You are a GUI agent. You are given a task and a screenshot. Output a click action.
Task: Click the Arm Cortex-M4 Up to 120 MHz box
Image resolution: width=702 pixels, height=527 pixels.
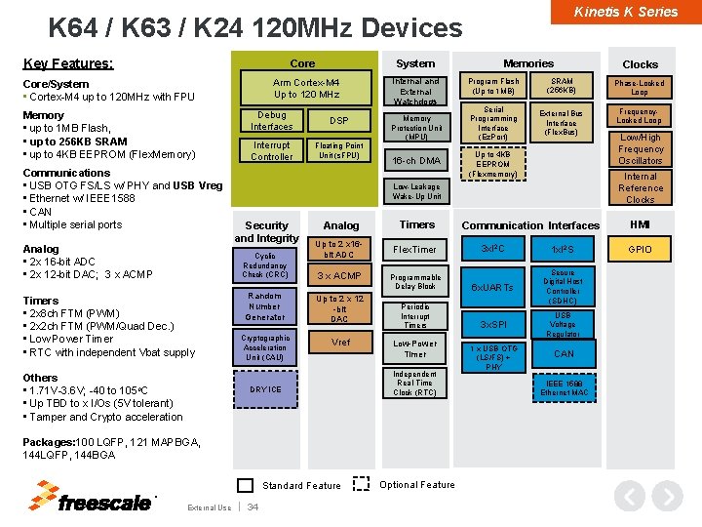point(306,88)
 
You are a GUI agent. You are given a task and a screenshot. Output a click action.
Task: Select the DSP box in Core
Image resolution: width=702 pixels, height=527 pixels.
point(338,120)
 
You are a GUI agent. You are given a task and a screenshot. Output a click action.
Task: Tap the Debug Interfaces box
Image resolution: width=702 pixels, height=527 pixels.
point(271,120)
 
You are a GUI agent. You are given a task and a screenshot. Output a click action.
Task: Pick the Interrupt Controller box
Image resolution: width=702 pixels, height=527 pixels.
point(271,150)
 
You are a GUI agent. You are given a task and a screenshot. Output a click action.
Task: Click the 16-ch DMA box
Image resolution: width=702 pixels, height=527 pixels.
point(416,160)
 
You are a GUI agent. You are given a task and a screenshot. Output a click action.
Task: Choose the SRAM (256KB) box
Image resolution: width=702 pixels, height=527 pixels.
point(562,86)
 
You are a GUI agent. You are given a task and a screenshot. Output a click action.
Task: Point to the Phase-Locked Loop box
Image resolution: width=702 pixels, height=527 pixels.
point(640,88)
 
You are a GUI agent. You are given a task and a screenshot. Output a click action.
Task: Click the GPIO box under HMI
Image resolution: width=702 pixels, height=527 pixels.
point(640,249)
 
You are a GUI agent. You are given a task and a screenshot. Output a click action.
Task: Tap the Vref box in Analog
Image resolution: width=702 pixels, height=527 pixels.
point(340,343)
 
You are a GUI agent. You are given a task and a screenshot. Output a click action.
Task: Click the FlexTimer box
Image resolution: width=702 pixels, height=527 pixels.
point(416,249)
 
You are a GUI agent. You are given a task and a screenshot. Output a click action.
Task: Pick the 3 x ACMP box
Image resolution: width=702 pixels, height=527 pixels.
point(339,276)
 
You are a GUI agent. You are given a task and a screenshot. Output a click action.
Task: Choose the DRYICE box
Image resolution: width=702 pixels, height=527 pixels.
point(265,389)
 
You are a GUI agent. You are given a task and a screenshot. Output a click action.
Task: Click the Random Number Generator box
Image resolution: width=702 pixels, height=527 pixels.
point(265,305)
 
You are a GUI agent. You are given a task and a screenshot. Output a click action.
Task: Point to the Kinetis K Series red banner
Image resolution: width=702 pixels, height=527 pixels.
point(625,12)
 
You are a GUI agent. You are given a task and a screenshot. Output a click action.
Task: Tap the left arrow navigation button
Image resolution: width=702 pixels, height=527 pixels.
point(632,497)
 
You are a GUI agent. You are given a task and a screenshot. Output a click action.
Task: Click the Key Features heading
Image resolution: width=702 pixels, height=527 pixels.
point(67,64)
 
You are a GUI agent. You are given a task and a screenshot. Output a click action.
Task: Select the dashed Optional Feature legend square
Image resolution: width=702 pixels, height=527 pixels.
point(361,484)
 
